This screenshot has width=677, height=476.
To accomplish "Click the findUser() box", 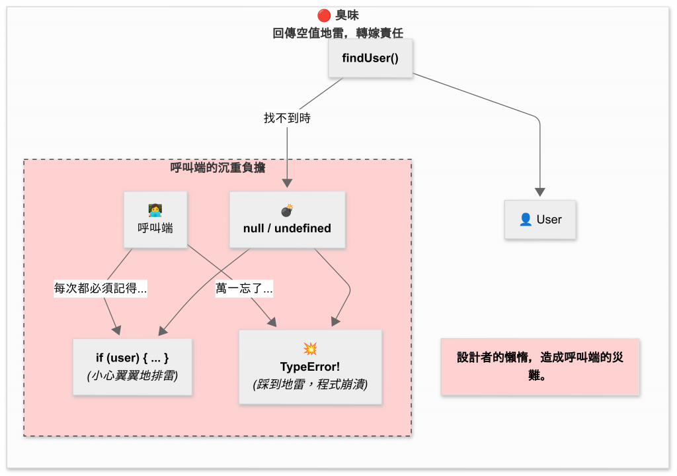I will pyautogui.click(x=370, y=58).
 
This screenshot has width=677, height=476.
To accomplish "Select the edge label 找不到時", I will pyautogui.click(x=287, y=119).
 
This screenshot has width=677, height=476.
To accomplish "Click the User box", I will pyautogui.click(x=540, y=220).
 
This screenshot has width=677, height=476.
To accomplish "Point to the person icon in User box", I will pyautogui.click(x=526, y=220).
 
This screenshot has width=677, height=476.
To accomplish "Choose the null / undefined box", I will pyautogui.click(x=287, y=220).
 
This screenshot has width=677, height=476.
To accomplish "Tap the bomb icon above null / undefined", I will pyautogui.click(x=287, y=211).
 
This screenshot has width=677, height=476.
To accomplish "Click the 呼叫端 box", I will pyautogui.click(x=155, y=220).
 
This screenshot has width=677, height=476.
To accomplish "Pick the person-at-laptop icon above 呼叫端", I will pyautogui.click(x=155, y=211).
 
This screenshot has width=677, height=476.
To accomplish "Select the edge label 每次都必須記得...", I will pyautogui.click(x=100, y=289).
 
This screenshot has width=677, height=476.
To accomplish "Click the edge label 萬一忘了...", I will pyautogui.click(x=245, y=289).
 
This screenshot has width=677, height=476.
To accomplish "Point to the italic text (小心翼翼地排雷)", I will pyautogui.click(x=132, y=375).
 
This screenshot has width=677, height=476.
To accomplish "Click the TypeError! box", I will pyautogui.click(x=310, y=367).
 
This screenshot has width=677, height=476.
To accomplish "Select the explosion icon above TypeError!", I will pyautogui.click(x=310, y=348).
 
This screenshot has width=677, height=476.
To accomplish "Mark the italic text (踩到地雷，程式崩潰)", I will pyautogui.click(x=310, y=384).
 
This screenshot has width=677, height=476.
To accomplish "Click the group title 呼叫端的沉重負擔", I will pyautogui.click(x=218, y=168).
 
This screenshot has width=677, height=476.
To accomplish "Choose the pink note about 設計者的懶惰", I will pyautogui.click(x=540, y=367).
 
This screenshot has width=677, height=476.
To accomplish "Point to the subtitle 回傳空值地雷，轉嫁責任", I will pyautogui.click(x=338, y=33).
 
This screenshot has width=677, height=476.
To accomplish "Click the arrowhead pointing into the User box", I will pyautogui.click(x=540, y=192).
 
